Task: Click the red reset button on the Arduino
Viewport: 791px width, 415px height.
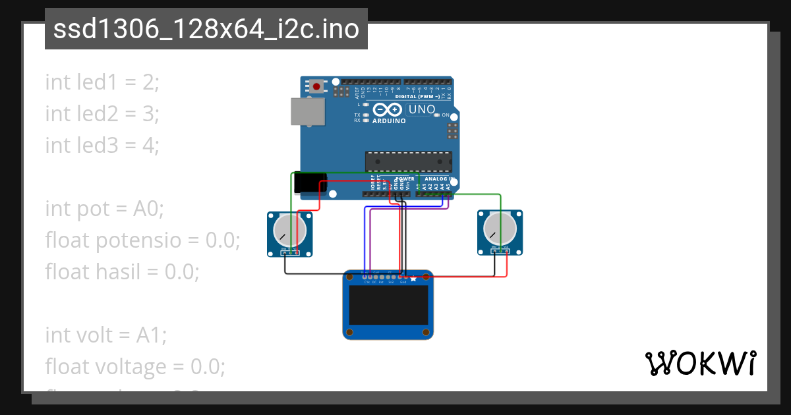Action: coord(318,86)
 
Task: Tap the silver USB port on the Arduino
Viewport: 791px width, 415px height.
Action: coord(307,111)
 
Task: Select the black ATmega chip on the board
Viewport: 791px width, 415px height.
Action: coord(409,161)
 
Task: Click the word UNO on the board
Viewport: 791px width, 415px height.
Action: coord(422,109)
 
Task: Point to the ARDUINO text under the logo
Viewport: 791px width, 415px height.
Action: coord(389,121)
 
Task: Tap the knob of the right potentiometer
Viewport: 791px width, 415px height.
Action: coord(499,229)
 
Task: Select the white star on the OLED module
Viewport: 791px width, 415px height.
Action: coord(413,279)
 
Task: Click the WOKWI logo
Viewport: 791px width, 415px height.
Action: coord(700,363)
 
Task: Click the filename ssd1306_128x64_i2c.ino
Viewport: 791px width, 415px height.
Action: coord(206,30)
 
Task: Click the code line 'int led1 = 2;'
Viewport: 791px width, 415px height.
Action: coord(102,82)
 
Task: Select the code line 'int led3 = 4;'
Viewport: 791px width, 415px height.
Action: coord(102,145)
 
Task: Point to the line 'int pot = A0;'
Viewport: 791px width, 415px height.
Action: coord(104,209)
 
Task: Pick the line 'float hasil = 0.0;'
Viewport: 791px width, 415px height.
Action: coord(122,271)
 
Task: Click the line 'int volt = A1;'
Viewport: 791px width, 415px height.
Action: coord(106,335)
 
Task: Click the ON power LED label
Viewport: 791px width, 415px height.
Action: coord(446,115)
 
